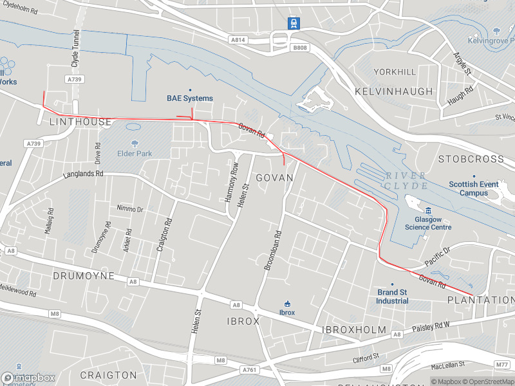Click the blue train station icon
point(294,23)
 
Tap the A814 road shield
point(238,40)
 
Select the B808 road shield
point(300,48)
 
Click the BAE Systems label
point(189,98)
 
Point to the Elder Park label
point(135,154)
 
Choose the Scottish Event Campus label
point(474,188)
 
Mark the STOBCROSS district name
point(471,158)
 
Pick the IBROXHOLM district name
point(353,329)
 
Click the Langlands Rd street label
point(83,174)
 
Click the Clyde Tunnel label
point(75,48)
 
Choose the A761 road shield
point(249,370)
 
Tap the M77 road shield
point(502,365)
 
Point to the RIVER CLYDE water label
point(406,181)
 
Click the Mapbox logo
point(28,378)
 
